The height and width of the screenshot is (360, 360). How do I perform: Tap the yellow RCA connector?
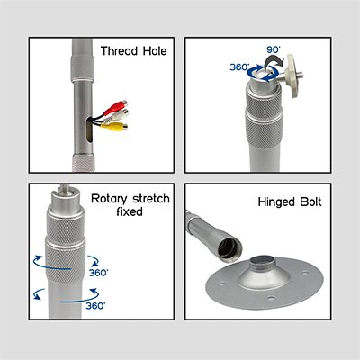point(114,126)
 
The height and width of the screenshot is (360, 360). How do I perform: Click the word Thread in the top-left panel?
point(119,51)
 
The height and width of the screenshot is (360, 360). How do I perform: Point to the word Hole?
point(155,51)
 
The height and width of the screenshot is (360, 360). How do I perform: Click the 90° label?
point(274,49)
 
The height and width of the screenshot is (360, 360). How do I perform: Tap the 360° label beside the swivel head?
point(239,67)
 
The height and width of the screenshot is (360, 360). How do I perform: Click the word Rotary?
point(109,199)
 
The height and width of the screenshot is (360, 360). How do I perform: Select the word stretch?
point(151,199)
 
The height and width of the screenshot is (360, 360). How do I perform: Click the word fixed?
point(130,211)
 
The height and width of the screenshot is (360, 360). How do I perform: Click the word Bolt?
point(310,202)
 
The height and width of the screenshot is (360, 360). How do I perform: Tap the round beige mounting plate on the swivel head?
point(292,76)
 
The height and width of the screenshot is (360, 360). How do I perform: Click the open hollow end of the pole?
point(229,248)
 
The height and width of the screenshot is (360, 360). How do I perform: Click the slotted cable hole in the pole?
point(89,130)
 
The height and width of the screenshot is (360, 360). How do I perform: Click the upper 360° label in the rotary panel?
point(98,273)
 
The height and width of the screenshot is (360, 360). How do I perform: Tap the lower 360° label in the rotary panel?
point(95,306)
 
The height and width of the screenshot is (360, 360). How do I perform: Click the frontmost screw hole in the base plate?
point(271,299)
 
